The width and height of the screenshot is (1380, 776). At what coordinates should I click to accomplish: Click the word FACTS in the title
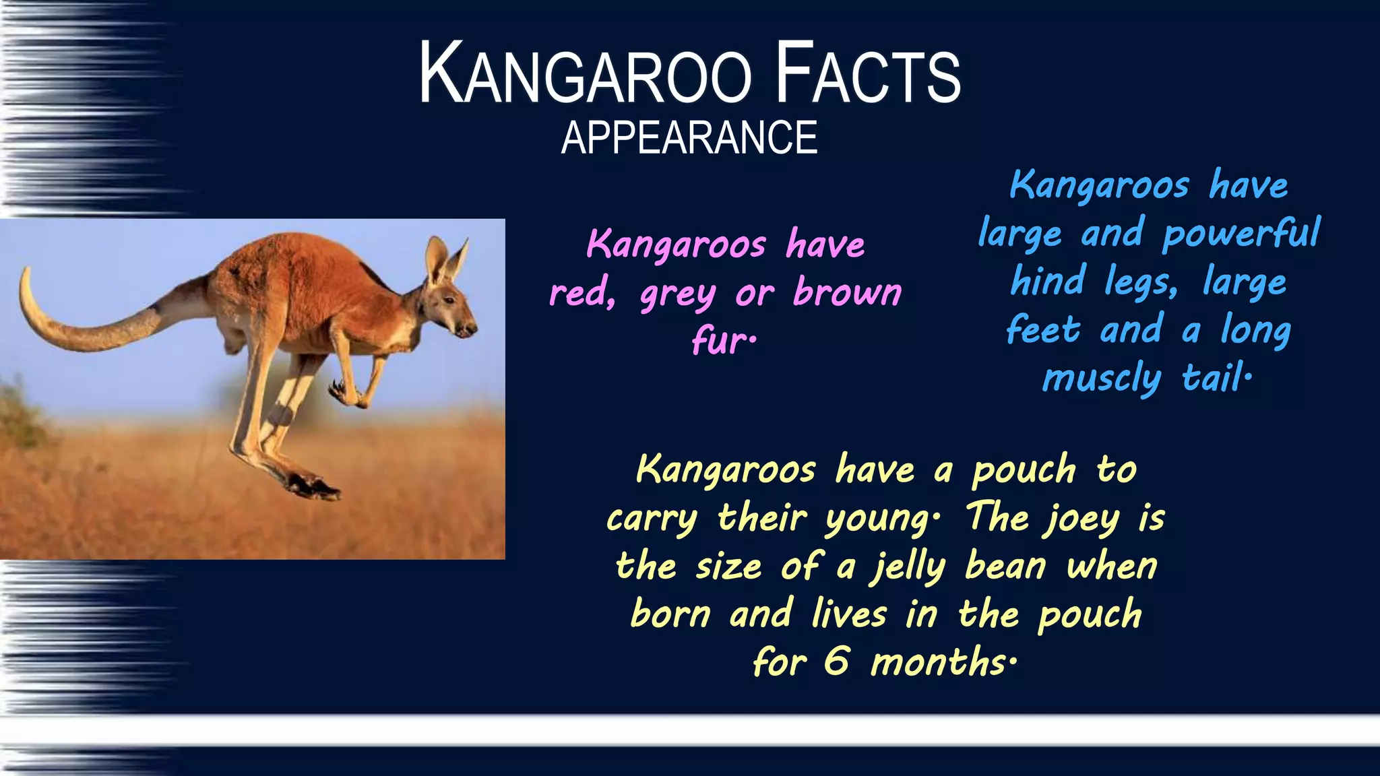[x=868, y=74]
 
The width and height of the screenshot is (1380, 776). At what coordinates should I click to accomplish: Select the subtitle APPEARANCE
[x=689, y=138]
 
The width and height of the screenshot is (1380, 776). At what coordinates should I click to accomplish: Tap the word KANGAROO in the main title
[x=585, y=74]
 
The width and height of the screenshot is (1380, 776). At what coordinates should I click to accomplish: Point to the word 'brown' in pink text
[x=847, y=292]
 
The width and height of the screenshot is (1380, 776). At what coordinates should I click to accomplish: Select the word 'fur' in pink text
[x=722, y=341]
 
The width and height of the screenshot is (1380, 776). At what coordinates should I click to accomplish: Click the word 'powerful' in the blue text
[x=1241, y=234]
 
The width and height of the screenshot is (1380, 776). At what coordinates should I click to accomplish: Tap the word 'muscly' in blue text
[x=1102, y=379]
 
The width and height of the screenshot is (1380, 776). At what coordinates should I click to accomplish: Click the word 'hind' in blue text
[x=1048, y=282]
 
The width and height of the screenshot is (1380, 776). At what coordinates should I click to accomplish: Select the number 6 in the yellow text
[x=836, y=661]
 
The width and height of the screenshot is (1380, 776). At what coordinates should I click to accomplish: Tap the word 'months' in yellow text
[x=940, y=662]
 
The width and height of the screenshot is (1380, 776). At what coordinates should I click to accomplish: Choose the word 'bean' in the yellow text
[x=1005, y=567]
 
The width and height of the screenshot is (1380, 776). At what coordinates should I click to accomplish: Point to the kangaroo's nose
[x=472, y=329]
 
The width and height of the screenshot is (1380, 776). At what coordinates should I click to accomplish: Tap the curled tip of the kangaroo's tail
[x=27, y=276]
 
